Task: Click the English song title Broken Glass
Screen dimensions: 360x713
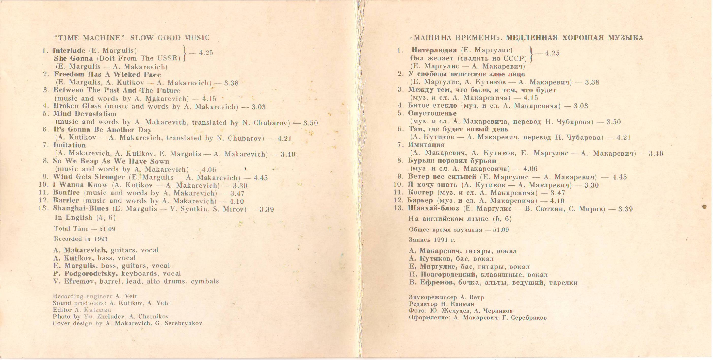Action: point(77,106)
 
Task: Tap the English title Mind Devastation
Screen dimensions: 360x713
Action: point(85,114)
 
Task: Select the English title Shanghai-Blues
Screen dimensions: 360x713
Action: point(81,208)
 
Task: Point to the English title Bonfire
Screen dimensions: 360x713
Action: point(67,193)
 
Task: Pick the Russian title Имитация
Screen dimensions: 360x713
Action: point(426,145)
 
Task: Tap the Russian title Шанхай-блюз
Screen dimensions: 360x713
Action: point(433,208)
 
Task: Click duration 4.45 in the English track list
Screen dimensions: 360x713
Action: point(261,178)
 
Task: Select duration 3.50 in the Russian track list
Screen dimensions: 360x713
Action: point(614,122)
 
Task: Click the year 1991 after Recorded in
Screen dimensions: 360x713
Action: point(101,239)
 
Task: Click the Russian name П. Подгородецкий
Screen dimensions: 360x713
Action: point(443,275)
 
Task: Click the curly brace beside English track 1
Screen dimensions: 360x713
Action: point(185,54)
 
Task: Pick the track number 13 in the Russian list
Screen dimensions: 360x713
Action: point(398,208)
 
